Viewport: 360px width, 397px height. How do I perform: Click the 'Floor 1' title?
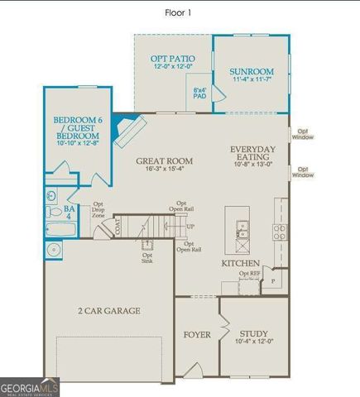[180, 12]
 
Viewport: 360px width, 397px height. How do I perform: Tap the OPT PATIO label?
[172, 59]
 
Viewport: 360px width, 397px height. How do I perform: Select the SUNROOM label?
[251, 71]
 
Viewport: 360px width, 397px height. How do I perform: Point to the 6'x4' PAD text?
[199, 93]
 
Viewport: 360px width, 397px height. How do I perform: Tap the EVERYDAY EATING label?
[253, 154]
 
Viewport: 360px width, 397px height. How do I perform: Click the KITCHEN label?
[240, 263]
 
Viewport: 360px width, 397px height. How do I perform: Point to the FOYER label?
[198, 335]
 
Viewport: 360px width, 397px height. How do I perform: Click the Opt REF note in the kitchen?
[249, 274]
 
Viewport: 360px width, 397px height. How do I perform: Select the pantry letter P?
[272, 282]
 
